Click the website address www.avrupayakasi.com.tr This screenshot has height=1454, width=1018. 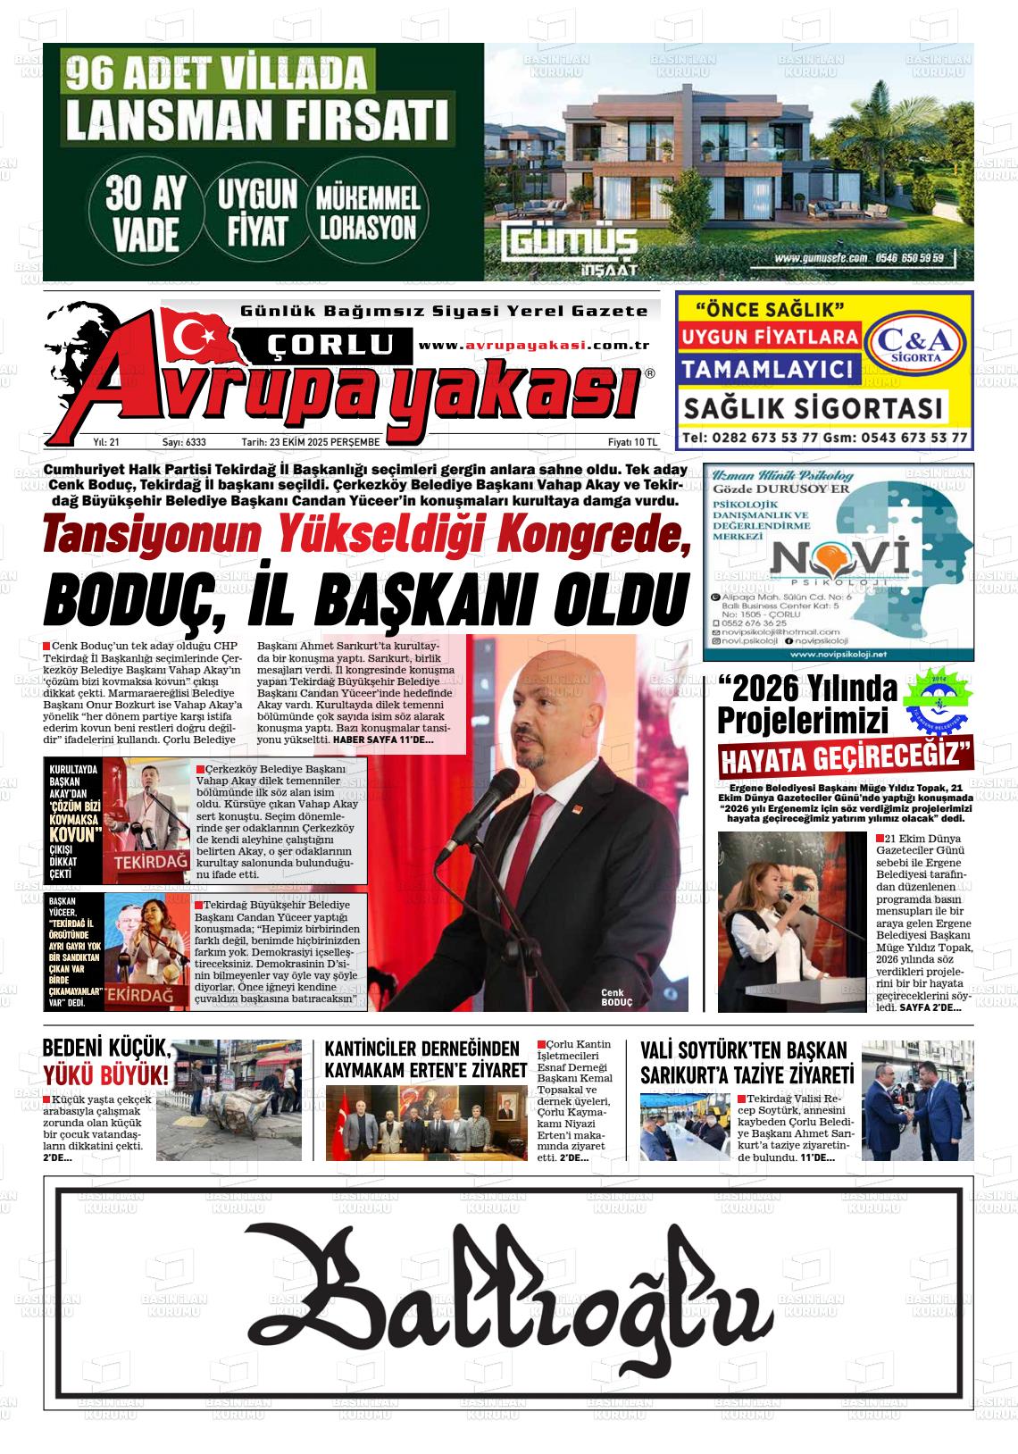point(533,347)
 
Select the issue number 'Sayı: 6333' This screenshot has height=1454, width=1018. point(184,442)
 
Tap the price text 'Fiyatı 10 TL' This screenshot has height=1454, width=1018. point(631,442)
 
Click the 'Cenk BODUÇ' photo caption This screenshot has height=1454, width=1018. point(616,998)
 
